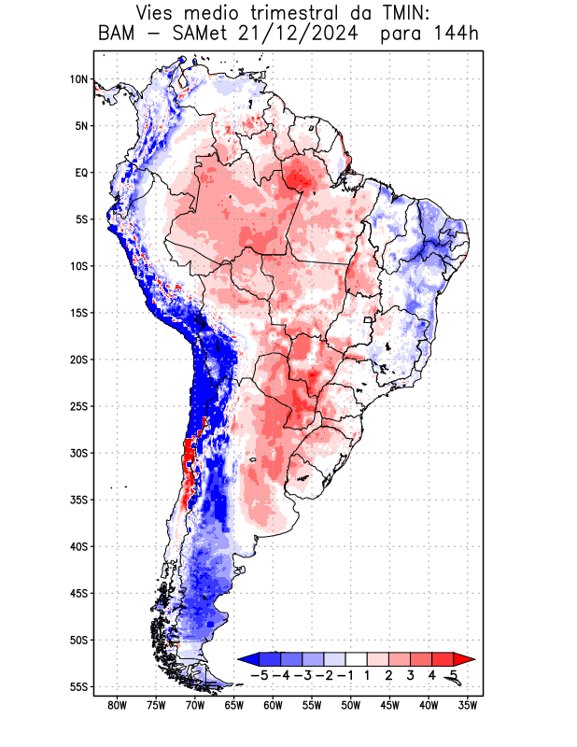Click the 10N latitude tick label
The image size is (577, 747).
pos(78,79)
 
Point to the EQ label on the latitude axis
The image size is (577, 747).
pos(81,173)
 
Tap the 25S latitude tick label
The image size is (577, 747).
pos(78,406)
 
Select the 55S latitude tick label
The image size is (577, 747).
pos(78,686)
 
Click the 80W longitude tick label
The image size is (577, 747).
pos(118,705)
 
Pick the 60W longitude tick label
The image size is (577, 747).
pos(274,705)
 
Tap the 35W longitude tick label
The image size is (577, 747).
pos(468,705)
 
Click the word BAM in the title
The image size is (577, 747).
pos(116,35)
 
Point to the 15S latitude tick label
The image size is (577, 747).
pos(78,313)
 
